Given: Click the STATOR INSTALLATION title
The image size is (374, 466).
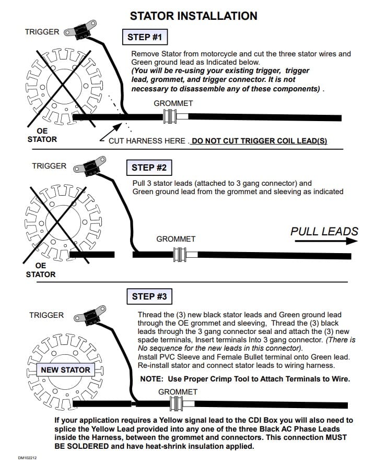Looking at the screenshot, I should click(193, 16).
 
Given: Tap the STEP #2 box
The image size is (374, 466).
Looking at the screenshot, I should click(149, 168).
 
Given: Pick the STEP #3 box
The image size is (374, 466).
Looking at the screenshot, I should click(149, 296).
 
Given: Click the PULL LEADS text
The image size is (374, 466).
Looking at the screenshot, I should click(324, 231).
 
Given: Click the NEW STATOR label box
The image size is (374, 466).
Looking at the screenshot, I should click(65, 370).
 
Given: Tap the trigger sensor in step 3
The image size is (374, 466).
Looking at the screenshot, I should click(87, 315).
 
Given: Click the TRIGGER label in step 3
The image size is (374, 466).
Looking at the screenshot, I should click(46, 315).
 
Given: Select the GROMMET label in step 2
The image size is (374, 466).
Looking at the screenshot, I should click(176, 239).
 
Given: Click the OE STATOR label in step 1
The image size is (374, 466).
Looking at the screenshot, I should click(42, 135).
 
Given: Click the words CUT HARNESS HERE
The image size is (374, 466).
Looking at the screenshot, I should click(147, 141).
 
